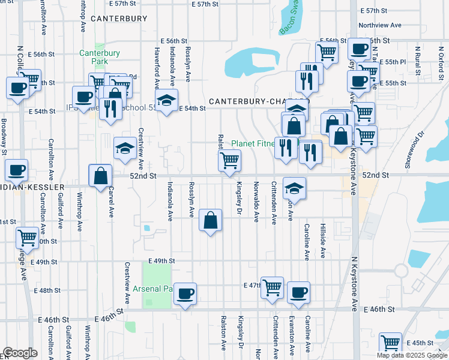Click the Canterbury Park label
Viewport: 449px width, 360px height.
pos(100,57)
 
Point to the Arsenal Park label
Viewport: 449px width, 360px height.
pos(153,289)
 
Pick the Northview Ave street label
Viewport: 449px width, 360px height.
pos(379,25)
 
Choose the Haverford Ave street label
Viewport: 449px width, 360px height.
pos(157,65)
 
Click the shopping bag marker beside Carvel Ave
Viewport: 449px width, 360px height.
pos(100,176)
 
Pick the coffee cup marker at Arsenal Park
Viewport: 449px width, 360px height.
pos(185,293)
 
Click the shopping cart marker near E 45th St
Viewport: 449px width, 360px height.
pos(391,343)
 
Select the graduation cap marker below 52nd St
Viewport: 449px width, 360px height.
pos(294,187)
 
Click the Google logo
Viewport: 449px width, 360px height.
pos(20,353)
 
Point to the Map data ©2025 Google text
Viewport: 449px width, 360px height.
pos(411,355)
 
